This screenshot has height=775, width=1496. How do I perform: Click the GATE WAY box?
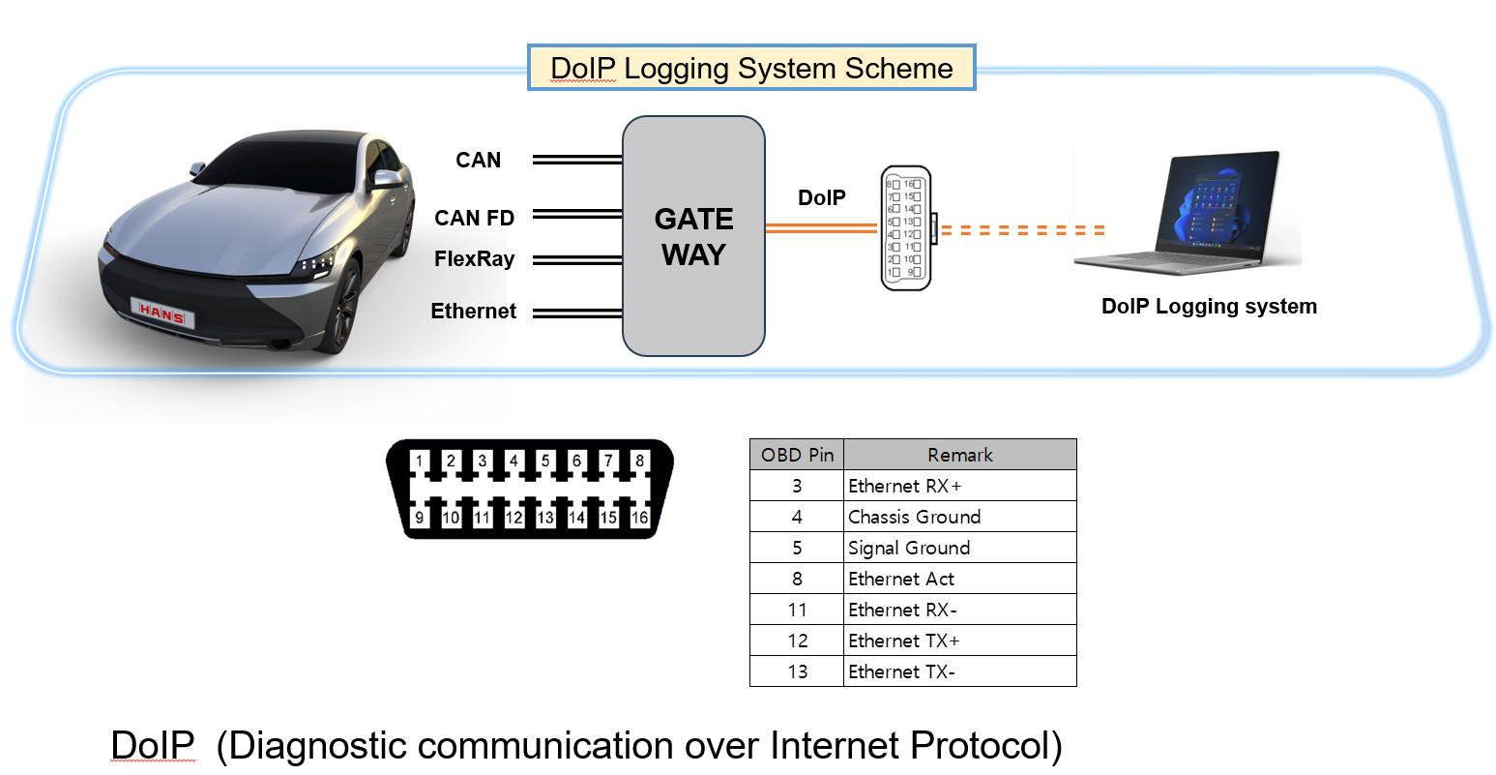(x=693, y=236)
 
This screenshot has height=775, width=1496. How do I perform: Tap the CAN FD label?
(x=474, y=219)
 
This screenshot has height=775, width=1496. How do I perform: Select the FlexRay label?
(x=474, y=259)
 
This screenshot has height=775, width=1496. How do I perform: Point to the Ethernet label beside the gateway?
(x=473, y=312)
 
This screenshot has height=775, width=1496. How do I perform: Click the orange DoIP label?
(x=821, y=198)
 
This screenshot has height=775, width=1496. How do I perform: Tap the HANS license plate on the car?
(x=161, y=313)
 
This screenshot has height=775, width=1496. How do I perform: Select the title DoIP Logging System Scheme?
(x=751, y=69)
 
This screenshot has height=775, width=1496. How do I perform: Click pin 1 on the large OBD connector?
(x=420, y=461)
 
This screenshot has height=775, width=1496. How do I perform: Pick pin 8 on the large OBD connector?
(x=639, y=461)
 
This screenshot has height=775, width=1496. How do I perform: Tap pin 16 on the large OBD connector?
(x=639, y=518)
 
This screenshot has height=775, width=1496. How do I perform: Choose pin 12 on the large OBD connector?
(x=513, y=518)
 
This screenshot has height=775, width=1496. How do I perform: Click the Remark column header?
(x=959, y=455)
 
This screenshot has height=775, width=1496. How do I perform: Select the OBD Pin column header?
(x=797, y=455)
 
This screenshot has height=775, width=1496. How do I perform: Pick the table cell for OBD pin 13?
(x=797, y=671)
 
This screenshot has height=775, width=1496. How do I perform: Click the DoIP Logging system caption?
(x=1209, y=307)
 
